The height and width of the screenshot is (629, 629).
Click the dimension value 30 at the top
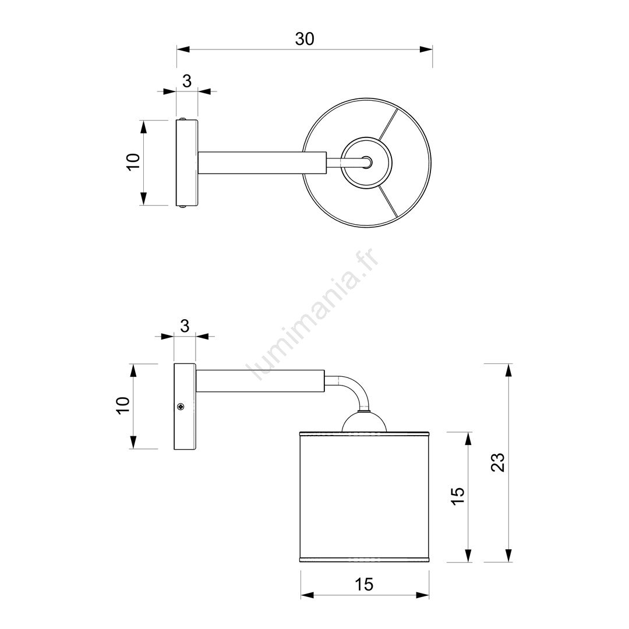305,40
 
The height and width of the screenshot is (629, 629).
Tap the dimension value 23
498,462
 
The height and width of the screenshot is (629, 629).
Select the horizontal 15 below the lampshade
364,585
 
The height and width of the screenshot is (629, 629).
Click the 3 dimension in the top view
187,82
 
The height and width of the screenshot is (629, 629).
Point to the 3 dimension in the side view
185,326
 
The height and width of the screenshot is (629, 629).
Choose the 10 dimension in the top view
133,162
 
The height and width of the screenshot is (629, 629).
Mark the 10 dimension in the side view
123,405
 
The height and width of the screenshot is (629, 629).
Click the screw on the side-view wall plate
181,407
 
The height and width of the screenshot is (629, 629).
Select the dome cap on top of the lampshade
364,422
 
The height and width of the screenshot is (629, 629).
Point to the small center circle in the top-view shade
367,162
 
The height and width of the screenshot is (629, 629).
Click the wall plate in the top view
187,162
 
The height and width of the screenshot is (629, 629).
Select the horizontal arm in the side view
260,381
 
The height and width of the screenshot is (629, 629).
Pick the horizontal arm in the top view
262,163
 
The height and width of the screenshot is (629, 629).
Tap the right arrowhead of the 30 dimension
426,50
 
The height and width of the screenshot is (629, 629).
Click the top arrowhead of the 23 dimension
508,370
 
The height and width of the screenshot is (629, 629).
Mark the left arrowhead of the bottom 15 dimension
308,596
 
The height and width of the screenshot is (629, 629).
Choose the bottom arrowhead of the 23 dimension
508,556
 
